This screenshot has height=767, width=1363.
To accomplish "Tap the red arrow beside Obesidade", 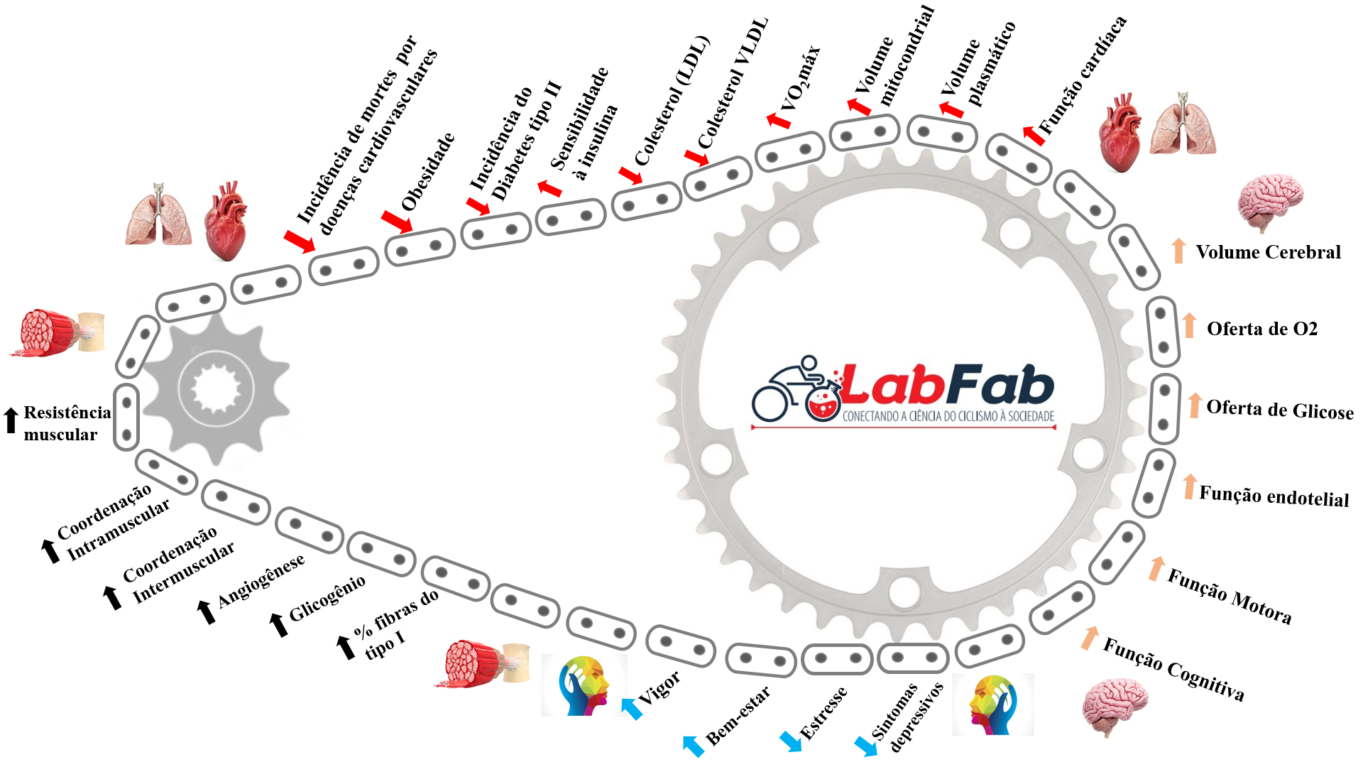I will coord(396,221).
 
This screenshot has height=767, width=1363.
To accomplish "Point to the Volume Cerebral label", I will coord(1268,252).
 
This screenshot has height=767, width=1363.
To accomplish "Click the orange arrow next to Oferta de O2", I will coord(1190,325).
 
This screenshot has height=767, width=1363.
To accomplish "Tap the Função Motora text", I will coord(1230,596).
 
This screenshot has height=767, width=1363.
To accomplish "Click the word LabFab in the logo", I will coord(948,386).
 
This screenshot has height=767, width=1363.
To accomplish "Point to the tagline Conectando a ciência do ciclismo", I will coord(948,416).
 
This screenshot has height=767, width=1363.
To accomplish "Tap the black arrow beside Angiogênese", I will coord(205,611).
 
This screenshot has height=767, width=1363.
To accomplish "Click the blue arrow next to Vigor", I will coord(631,708).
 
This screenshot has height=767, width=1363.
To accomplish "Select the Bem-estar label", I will coord(738,715).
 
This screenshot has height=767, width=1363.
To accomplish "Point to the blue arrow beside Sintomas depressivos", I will coord(865,746).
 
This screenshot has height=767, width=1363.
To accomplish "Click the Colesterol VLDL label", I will coord(733,83).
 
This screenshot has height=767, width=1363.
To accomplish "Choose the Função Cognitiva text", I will coord(1173,668).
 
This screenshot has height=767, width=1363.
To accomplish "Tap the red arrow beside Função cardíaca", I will coord(1034,134).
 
